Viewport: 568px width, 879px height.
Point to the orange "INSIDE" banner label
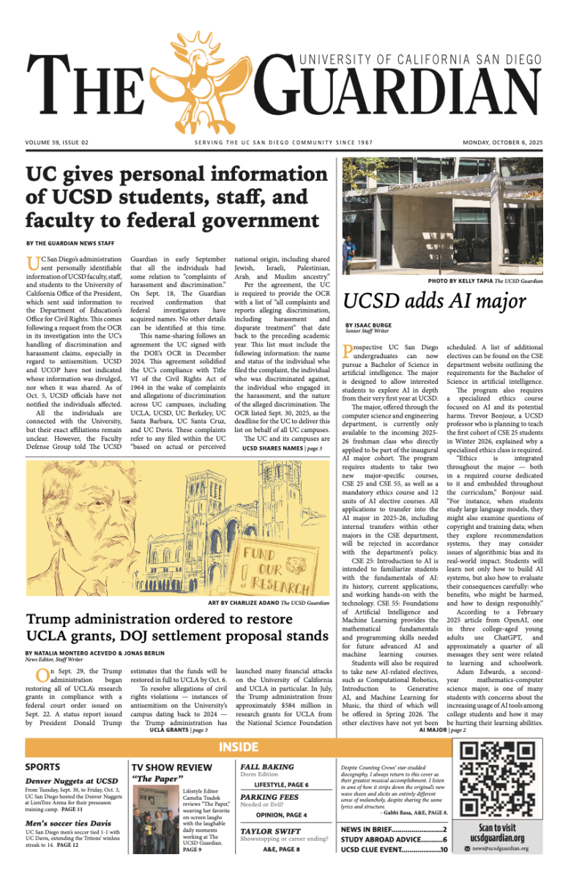239,747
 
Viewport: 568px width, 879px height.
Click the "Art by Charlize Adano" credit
269,602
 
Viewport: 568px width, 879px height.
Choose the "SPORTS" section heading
42,767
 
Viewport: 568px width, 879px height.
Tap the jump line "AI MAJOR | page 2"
442,730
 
